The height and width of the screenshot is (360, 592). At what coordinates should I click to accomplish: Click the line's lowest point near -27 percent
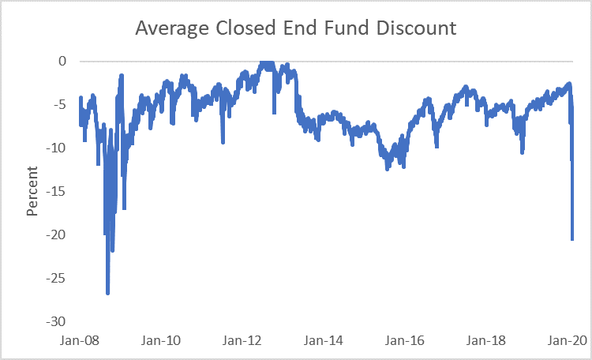coord(108,293)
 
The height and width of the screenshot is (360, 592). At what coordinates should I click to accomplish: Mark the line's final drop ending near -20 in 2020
coord(572,238)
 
